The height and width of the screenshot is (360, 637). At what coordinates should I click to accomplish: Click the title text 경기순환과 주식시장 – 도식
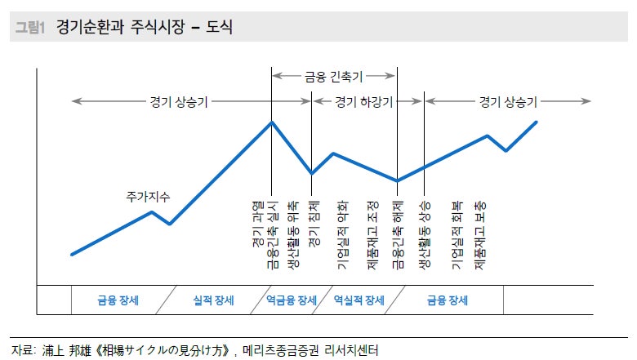point(145,29)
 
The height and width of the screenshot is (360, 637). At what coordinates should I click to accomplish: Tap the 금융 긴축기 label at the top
point(333,76)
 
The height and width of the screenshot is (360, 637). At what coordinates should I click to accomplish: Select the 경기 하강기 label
point(364,102)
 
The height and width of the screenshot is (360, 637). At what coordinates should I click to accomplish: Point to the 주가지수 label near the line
point(148,197)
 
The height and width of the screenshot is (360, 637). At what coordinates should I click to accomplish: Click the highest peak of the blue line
point(272,122)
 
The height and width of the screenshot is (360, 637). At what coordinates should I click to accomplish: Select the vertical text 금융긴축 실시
point(274,234)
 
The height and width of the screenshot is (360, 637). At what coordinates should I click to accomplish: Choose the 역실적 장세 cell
point(359,300)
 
